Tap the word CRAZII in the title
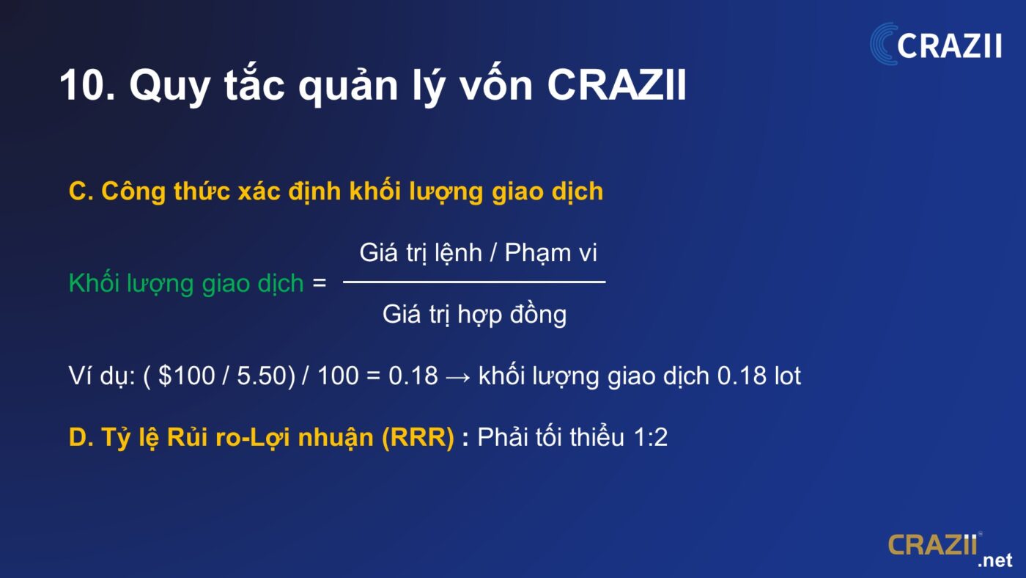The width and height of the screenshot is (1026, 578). [x=616, y=85]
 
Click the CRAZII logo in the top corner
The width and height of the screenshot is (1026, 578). [x=936, y=44]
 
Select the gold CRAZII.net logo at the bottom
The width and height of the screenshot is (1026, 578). [x=950, y=549]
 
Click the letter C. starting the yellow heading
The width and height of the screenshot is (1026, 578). [x=81, y=191]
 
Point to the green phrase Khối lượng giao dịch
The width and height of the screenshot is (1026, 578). [x=186, y=283]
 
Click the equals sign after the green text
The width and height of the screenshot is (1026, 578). [x=320, y=283]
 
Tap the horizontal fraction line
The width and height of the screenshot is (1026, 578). [x=474, y=282]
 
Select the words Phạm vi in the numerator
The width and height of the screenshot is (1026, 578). [x=550, y=253]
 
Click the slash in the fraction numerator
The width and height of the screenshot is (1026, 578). [x=493, y=253]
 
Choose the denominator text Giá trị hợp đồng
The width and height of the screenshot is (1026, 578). [x=474, y=315]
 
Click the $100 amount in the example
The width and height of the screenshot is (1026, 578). [x=186, y=376]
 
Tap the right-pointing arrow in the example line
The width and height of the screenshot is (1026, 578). [x=458, y=377]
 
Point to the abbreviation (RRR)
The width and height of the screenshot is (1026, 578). [x=418, y=437]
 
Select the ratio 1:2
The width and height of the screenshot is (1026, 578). [x=651, y=437]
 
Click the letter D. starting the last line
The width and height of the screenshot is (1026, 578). [x=81, y=437]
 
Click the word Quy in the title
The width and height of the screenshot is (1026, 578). [x=170, y=87]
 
